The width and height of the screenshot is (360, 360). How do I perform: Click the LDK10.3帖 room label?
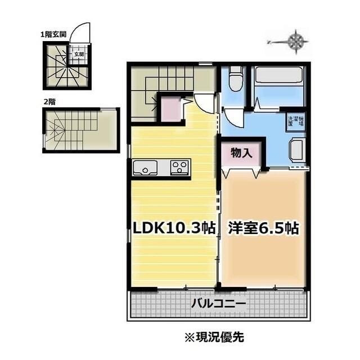173,228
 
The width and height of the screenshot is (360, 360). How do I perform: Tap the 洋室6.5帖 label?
263,228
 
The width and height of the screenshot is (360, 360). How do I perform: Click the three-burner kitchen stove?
179,167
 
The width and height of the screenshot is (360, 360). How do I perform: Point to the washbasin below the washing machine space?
296,151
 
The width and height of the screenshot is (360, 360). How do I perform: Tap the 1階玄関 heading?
53,34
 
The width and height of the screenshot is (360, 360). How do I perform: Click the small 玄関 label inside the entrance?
79,55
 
